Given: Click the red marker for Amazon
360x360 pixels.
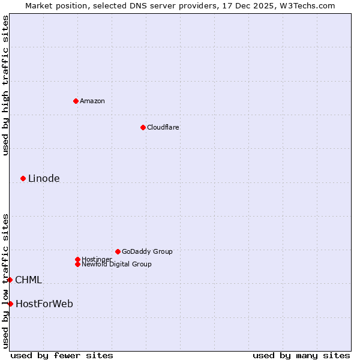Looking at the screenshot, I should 76,101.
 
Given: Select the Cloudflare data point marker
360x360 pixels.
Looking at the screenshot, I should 143,127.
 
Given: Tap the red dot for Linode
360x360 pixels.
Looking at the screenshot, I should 23,178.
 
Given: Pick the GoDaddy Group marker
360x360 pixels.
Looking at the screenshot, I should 118,251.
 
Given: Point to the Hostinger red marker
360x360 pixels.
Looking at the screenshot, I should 77,259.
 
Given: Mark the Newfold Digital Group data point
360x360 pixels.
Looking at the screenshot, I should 77,264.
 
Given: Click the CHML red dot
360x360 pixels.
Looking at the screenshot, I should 10,280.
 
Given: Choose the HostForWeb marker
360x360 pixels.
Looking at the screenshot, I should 10,304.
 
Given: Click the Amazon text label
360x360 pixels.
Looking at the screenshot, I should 92,101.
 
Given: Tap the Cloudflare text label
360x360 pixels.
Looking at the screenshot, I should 163,127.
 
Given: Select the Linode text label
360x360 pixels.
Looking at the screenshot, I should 44,178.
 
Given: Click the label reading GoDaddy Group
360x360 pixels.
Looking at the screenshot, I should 147,251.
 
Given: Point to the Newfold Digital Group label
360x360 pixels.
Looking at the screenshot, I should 116,264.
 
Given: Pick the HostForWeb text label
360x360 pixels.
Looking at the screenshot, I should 44,304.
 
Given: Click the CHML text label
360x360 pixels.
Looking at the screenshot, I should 28,280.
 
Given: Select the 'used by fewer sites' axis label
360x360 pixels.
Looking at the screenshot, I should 62,355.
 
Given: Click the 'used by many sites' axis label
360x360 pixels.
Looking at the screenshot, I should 301,355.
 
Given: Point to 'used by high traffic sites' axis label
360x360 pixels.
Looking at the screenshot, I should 5,85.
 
